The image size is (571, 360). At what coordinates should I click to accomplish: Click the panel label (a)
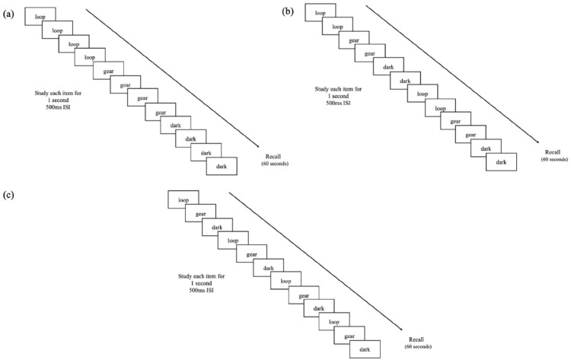point(10,11)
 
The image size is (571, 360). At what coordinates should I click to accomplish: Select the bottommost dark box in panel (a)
point(222,166)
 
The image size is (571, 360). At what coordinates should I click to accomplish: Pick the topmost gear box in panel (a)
point(108,70)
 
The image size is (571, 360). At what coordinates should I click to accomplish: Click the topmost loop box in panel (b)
point(320,13)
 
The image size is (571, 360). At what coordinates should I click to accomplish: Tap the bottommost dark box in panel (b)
point(501,162)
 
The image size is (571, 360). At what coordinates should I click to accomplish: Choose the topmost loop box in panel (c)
point(183,200)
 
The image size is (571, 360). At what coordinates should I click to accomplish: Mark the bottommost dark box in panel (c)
point(365,349)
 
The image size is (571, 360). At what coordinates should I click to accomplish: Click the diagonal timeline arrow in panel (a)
point(174,77)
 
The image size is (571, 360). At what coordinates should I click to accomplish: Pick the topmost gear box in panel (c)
point(200,214)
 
